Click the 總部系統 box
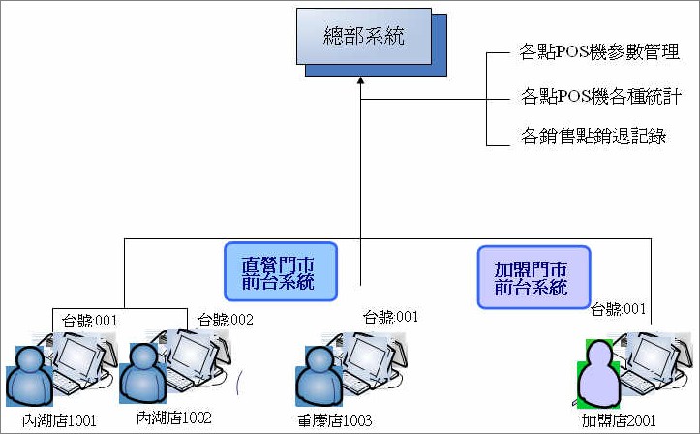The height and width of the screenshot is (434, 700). click(364, 36)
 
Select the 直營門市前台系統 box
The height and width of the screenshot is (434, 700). click(281, 271)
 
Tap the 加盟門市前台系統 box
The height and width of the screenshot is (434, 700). click(533, 277)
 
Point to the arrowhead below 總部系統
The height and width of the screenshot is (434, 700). click(361, 80)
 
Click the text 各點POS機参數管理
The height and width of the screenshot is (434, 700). click(599, 52)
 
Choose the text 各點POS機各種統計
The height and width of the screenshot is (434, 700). click(601, 97)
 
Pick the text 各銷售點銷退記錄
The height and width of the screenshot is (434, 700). click(593, 136)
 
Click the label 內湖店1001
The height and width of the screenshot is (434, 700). click(59, 420)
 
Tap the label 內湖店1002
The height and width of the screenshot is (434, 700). click(173, 418)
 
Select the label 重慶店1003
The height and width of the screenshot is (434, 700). click(334, 420)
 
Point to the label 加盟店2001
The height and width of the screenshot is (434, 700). click(619, 420)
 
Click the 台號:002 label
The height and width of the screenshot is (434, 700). click(226, 320)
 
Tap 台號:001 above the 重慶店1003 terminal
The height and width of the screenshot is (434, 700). click(390, 317)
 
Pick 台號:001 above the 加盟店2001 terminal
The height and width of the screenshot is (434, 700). click(619, 309)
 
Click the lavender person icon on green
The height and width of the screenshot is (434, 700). click(598, 374)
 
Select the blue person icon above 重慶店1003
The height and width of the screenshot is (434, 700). click(319, 376)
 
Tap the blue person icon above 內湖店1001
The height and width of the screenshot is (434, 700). click(29, 376)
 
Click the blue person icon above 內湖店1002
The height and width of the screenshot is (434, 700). click(143, 373)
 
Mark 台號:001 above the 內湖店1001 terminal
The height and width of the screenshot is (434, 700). click(89, 321)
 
